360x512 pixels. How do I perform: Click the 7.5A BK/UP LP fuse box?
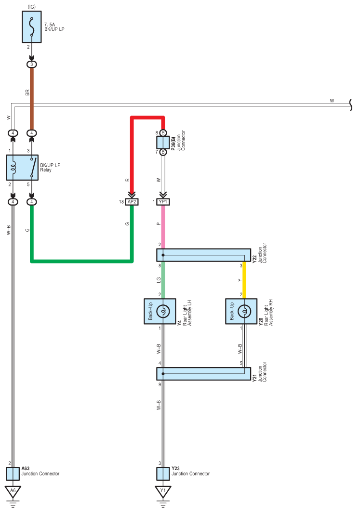pyautogui.click(x=32, y=27)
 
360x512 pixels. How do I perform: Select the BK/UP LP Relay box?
pyautogui.click(x=22, y=168)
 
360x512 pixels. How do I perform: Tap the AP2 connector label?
pyautogui.click(x=132, y=202)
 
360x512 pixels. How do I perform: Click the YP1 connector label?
pyautogui.click(x=163, y=202)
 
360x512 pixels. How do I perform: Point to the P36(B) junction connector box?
pyautogui.click(x=163, y=143)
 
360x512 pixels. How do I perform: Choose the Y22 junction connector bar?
pyautogui.click(x=203, y=255)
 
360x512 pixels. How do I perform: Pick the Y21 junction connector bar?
pyautogui.click(x=203, y=374)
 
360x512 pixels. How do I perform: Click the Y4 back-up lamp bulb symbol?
pyautogui.click(x=163, y=311)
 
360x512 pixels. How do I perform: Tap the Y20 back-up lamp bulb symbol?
pyautogui.click(x=244, y=311)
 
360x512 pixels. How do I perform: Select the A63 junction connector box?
pyautogui.click(x=13, y=474)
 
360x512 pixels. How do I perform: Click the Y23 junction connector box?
pyautogui.click(x=163, y=474)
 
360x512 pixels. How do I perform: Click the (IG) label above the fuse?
pyautogui.click(x=32, y=7)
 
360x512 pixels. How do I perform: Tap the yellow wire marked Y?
pyautogui.click(x=244, y=280)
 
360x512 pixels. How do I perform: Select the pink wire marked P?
pyautogui.click(x=163, y=227)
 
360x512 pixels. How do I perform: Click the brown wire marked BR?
pyautogui.click(x=32, y=99)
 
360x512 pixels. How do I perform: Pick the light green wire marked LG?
pyautogui.click(x=163, y=280)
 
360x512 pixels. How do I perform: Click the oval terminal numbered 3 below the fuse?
pyautogui.click(x=32, y=65)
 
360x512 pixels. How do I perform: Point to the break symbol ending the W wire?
pyautogui.click(x=351, y=105)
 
